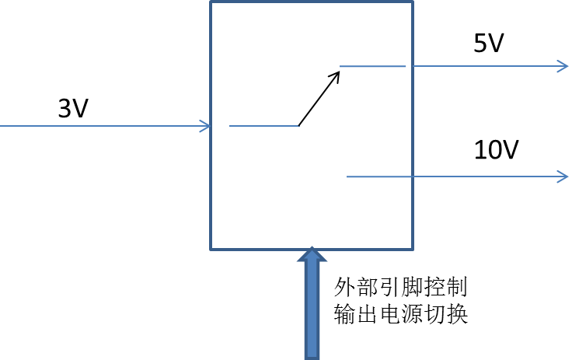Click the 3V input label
(x=73, y=109)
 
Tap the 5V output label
(x=489, y=44)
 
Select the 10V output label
(x=495, y=149)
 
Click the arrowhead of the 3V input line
(x=206, y=126)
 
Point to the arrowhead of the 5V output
(x=563, y=66)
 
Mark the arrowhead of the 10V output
(x=563, y=177)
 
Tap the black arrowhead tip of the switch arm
(x=337, y=73)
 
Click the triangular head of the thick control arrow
(x=312, y=256)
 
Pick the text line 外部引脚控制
(x=399, y=287)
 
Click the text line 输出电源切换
(x=399, y=315)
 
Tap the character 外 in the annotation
(x=344, y=287)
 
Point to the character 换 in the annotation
(x=457, y=315)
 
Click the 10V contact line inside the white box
(x=378, y=177)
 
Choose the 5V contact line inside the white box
(x=373, y=66)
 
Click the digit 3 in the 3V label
(x=65, y=109)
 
